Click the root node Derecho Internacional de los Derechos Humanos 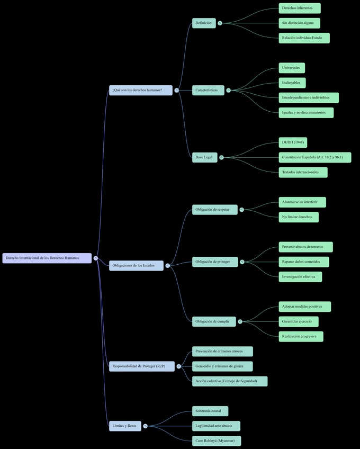tap(47, 258)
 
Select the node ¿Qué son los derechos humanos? tap(140, 90)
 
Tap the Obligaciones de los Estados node tap(136, 265)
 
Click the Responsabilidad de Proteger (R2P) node tap(141, 366)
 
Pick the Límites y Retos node tap(125, 426)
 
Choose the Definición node tap(204, 23)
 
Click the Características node tap(208, 90)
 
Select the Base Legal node tap(204, 157)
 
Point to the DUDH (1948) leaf tap(293, 142)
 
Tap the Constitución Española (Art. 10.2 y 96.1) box tap(314, 157)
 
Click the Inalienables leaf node tap(292, 83)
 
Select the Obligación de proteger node tap(214, 262)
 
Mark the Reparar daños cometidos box tap(303, 262)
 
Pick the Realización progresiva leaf tap(301, 336)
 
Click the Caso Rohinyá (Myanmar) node tap(217, 441)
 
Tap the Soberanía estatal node tap(210, 411)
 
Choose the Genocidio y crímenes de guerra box tap(222, 366)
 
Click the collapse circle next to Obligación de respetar tap(242, 210)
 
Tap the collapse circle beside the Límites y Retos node tap(146, 426)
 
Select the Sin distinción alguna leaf tap(299, 23)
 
